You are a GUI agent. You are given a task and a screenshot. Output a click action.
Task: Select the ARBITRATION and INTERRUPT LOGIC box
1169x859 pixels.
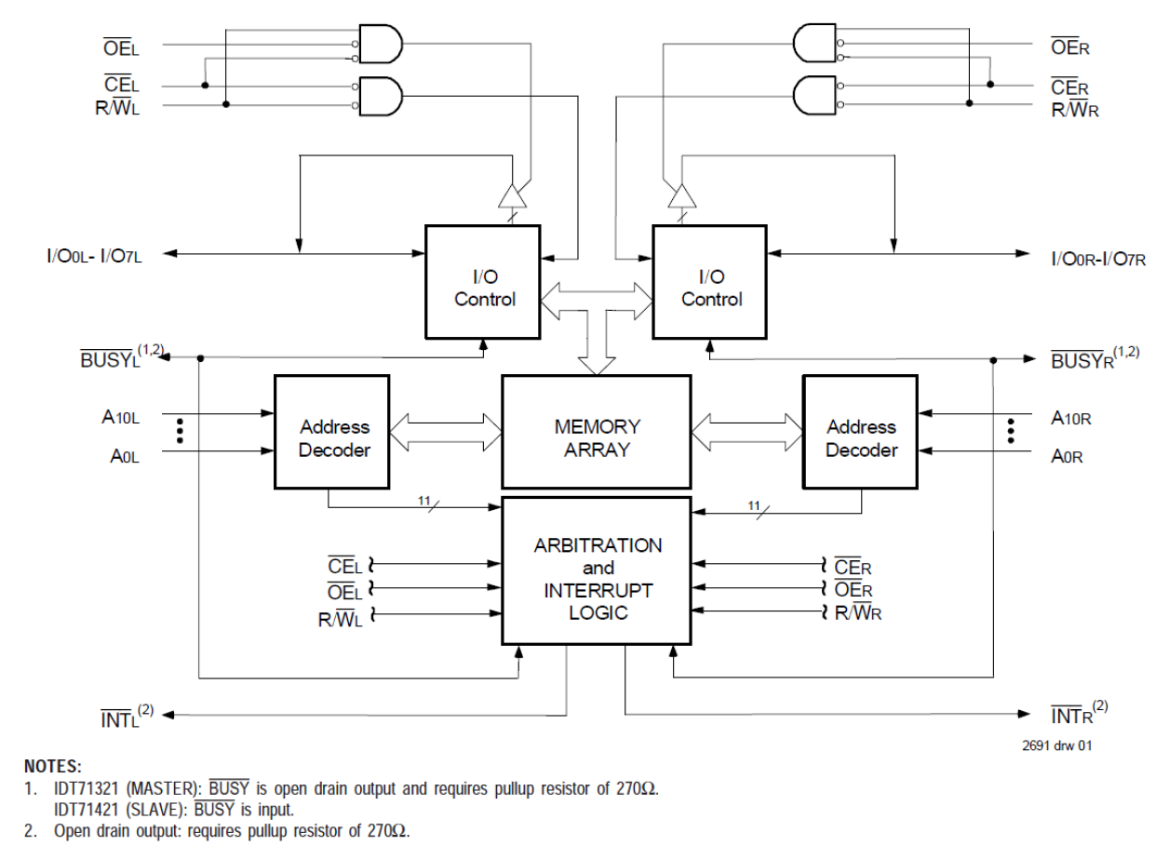click(x=597, y=569)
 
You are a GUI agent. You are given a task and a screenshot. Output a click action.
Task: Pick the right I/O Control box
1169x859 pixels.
click(x=711, y=282)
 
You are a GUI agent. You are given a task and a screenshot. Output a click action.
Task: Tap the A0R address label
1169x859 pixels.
click(x=1067, y=456)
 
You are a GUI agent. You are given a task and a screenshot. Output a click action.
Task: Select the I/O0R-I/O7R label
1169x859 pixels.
click(x=1097, y=257)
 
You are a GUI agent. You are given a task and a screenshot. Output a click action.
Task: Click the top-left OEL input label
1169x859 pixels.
click(x=122, y=45)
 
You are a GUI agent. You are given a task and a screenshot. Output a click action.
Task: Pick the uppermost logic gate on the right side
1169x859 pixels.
click(x=813, y=45)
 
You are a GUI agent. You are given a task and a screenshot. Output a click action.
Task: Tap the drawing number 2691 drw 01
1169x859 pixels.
click(x=1056, y=745)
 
